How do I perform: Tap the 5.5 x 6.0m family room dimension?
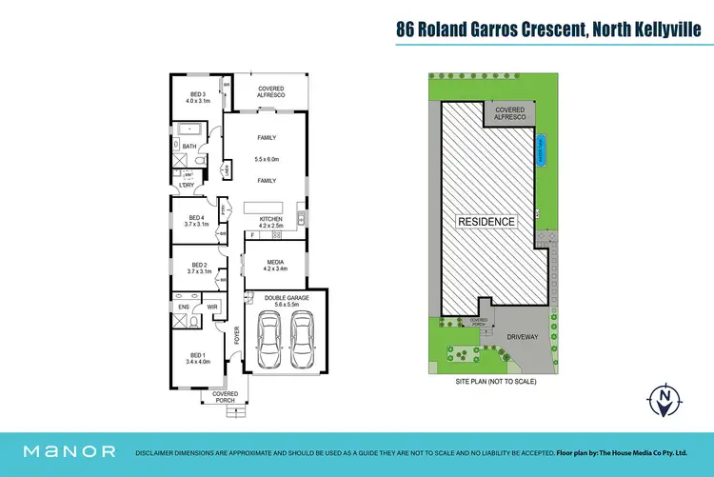point(266,159)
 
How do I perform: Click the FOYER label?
point(239,335)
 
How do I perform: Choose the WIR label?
point(214,308)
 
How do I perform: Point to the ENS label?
point(184,308)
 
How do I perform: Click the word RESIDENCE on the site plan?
point(487,222)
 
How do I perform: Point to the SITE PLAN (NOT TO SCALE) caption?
point(495,381)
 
